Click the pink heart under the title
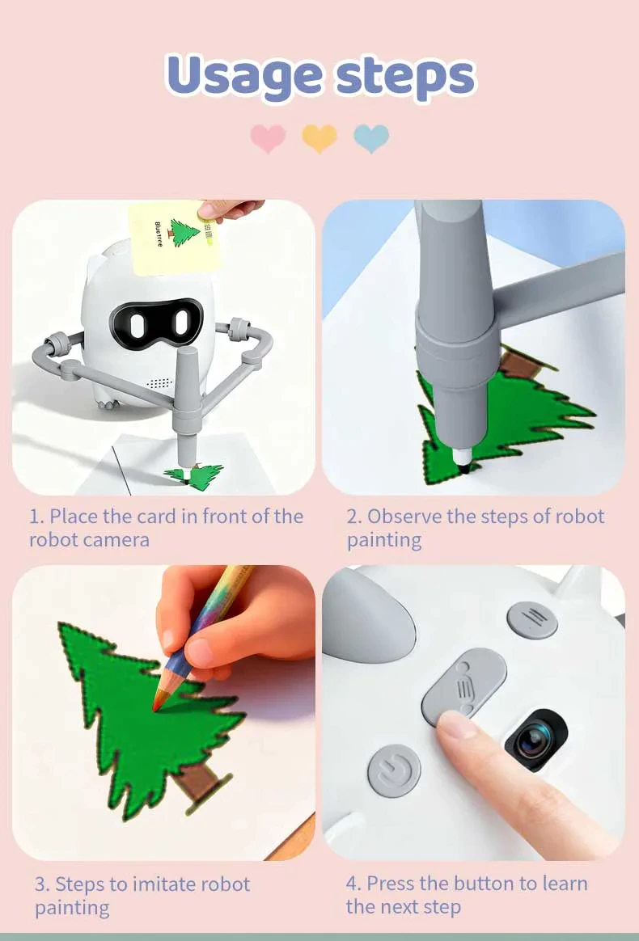coord(268,138)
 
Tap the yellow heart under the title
coord(319,138)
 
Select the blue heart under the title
coord(371,138)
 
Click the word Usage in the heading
coord(243,76)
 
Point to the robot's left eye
coord(137,323)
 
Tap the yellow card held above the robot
coord(174,237)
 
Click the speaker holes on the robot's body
coord(160,382)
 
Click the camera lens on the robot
coord(535,740)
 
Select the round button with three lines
coord(532,620)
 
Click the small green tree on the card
coord(184,232)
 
